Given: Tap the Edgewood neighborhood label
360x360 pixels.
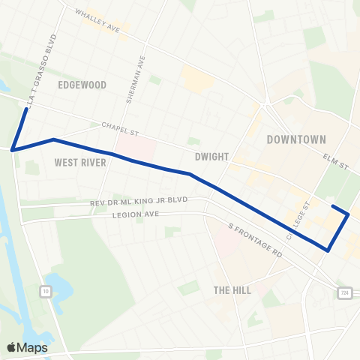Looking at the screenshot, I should point(82,85).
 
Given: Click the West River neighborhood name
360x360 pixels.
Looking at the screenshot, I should point(80,162).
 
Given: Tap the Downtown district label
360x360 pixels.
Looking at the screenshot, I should point(296,139).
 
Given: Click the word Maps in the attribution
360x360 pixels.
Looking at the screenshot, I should point(33,348).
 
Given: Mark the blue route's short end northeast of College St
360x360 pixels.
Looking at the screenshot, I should point(333,207).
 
